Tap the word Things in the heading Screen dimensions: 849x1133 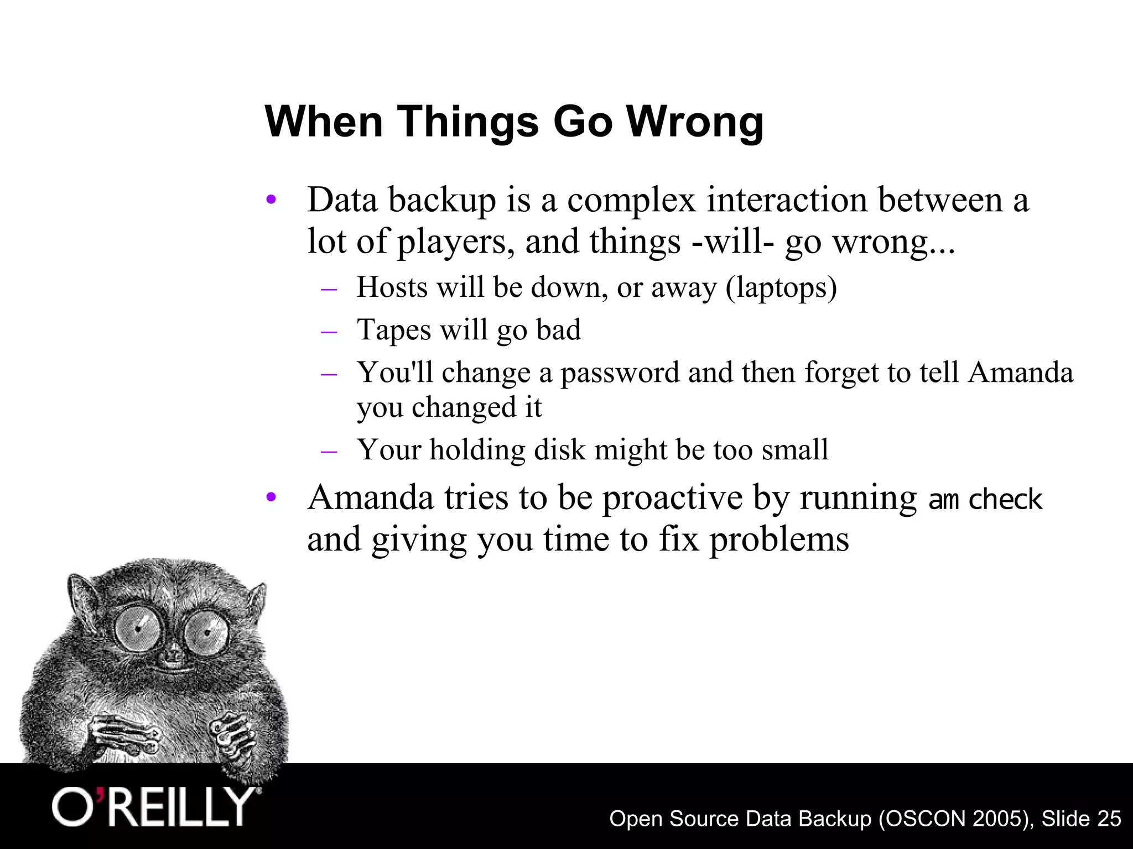coord(467,122)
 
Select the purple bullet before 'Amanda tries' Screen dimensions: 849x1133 coord(271,497)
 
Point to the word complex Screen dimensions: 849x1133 coord(631,200)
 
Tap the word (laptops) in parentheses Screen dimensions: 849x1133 coord(781,287)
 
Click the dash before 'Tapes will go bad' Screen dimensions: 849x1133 coord(329,331)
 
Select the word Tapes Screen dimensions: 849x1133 coord(394,331)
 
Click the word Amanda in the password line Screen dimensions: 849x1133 coord(1020,372)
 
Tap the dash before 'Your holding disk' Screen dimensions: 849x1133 coord(329,450)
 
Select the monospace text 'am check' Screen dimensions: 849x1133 coord(985,499)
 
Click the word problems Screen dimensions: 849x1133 coord(779,540)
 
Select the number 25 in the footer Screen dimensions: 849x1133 coord(1108,819)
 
